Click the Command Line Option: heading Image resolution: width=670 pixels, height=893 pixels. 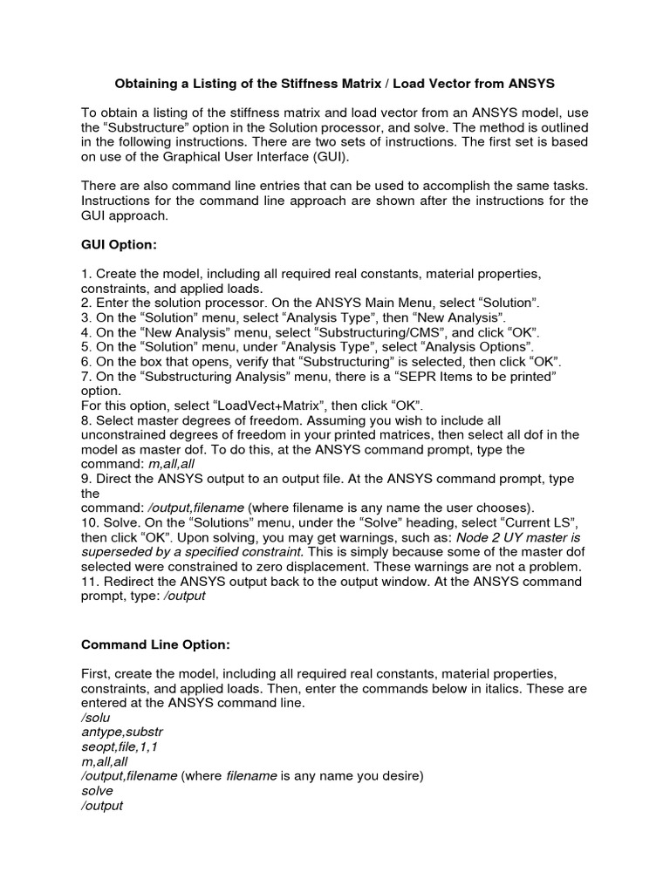(155, 645)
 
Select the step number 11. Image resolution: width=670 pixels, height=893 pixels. (88, 582)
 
